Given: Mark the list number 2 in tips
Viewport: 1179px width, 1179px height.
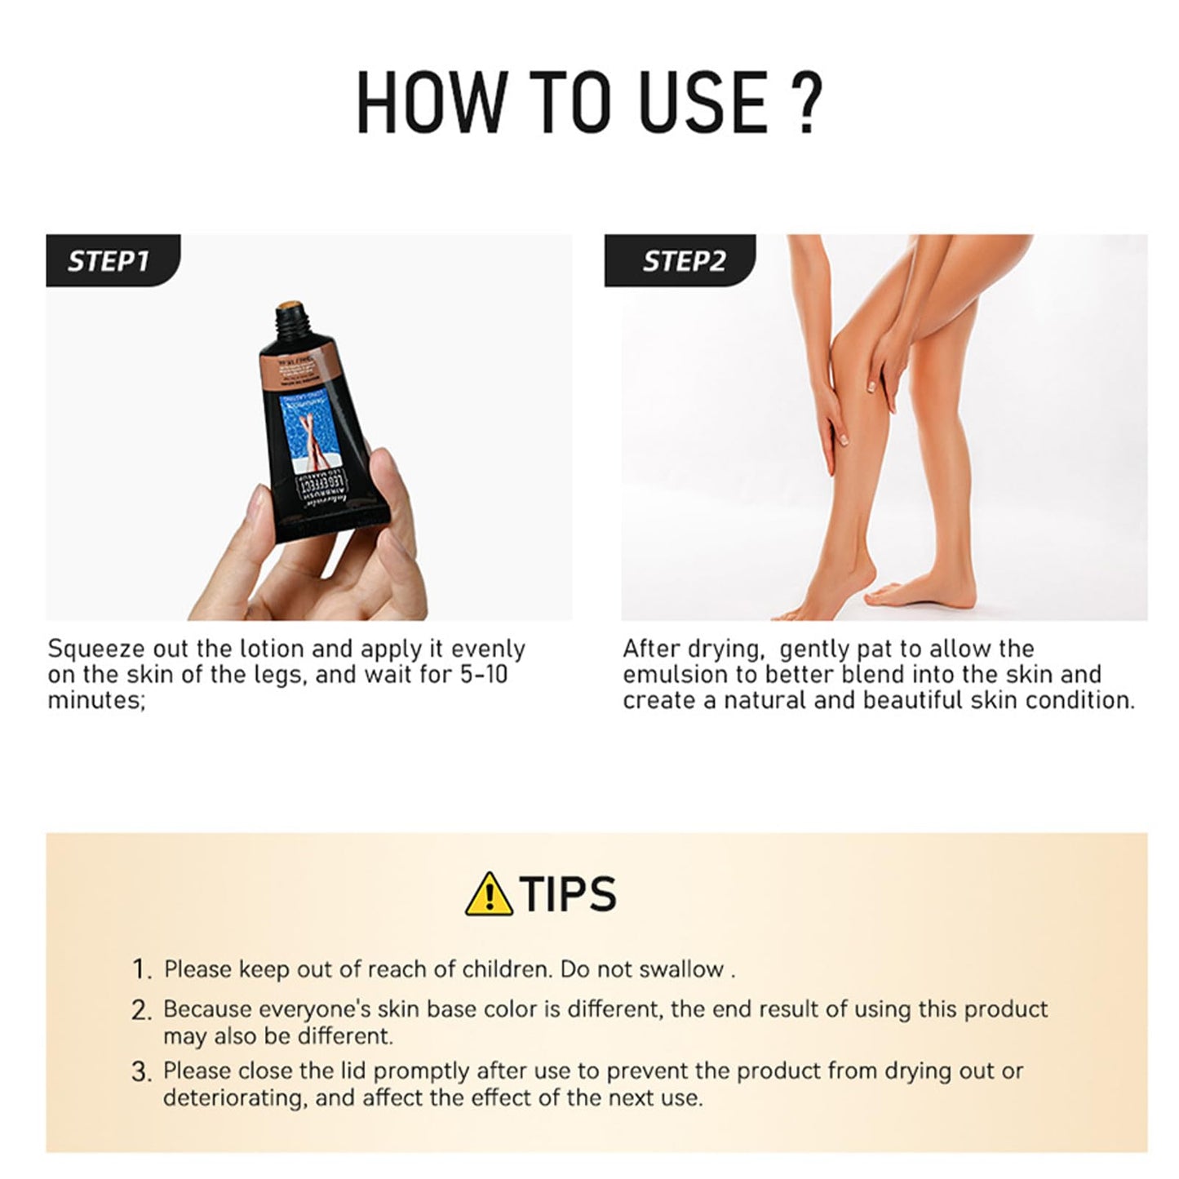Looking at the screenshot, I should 141,1010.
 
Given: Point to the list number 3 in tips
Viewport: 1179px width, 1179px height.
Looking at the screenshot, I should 141,1072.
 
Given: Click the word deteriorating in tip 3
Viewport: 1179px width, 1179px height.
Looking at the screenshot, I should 235,1097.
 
